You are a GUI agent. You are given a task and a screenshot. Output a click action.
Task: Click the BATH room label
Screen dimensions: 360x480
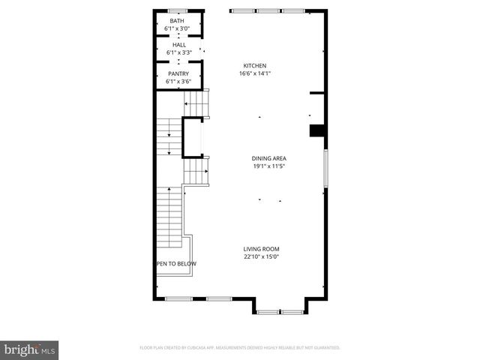tap(178, 21)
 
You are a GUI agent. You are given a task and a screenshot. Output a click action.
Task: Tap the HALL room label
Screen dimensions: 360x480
tap(178, 45)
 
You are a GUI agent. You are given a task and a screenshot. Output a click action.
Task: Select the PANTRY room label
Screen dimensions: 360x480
tap(178, 73)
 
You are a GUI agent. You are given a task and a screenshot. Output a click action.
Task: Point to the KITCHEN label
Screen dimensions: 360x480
tap(255, 65)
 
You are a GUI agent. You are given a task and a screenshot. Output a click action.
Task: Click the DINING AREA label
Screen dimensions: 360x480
tap(268, 158)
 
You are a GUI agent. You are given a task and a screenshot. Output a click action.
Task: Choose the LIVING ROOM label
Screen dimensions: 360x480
tap(261, 249)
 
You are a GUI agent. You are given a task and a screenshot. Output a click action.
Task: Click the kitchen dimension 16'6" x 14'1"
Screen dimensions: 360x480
tap(255, 73)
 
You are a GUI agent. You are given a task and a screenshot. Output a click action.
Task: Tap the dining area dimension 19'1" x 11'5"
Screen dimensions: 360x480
tap(268, 166)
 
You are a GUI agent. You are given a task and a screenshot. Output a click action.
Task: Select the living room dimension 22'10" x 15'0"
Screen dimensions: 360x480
tap(261, 257)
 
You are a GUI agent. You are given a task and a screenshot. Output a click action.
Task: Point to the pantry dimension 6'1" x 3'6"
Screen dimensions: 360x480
tap(178, 82)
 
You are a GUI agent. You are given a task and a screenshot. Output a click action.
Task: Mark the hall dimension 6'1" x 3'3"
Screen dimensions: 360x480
tap(178, 53)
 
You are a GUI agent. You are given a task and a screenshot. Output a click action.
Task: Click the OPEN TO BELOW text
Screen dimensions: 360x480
tap(176, 263)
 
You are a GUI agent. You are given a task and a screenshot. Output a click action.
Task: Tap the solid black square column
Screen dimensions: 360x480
tap(316, 131)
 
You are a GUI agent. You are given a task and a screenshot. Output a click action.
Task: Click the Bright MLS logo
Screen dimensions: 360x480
tap(30, 349)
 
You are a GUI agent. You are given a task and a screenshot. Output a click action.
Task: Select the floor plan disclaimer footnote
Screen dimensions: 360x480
tap(240, 348)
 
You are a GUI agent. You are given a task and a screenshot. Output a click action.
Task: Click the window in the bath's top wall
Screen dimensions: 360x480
tap(178, 10)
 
